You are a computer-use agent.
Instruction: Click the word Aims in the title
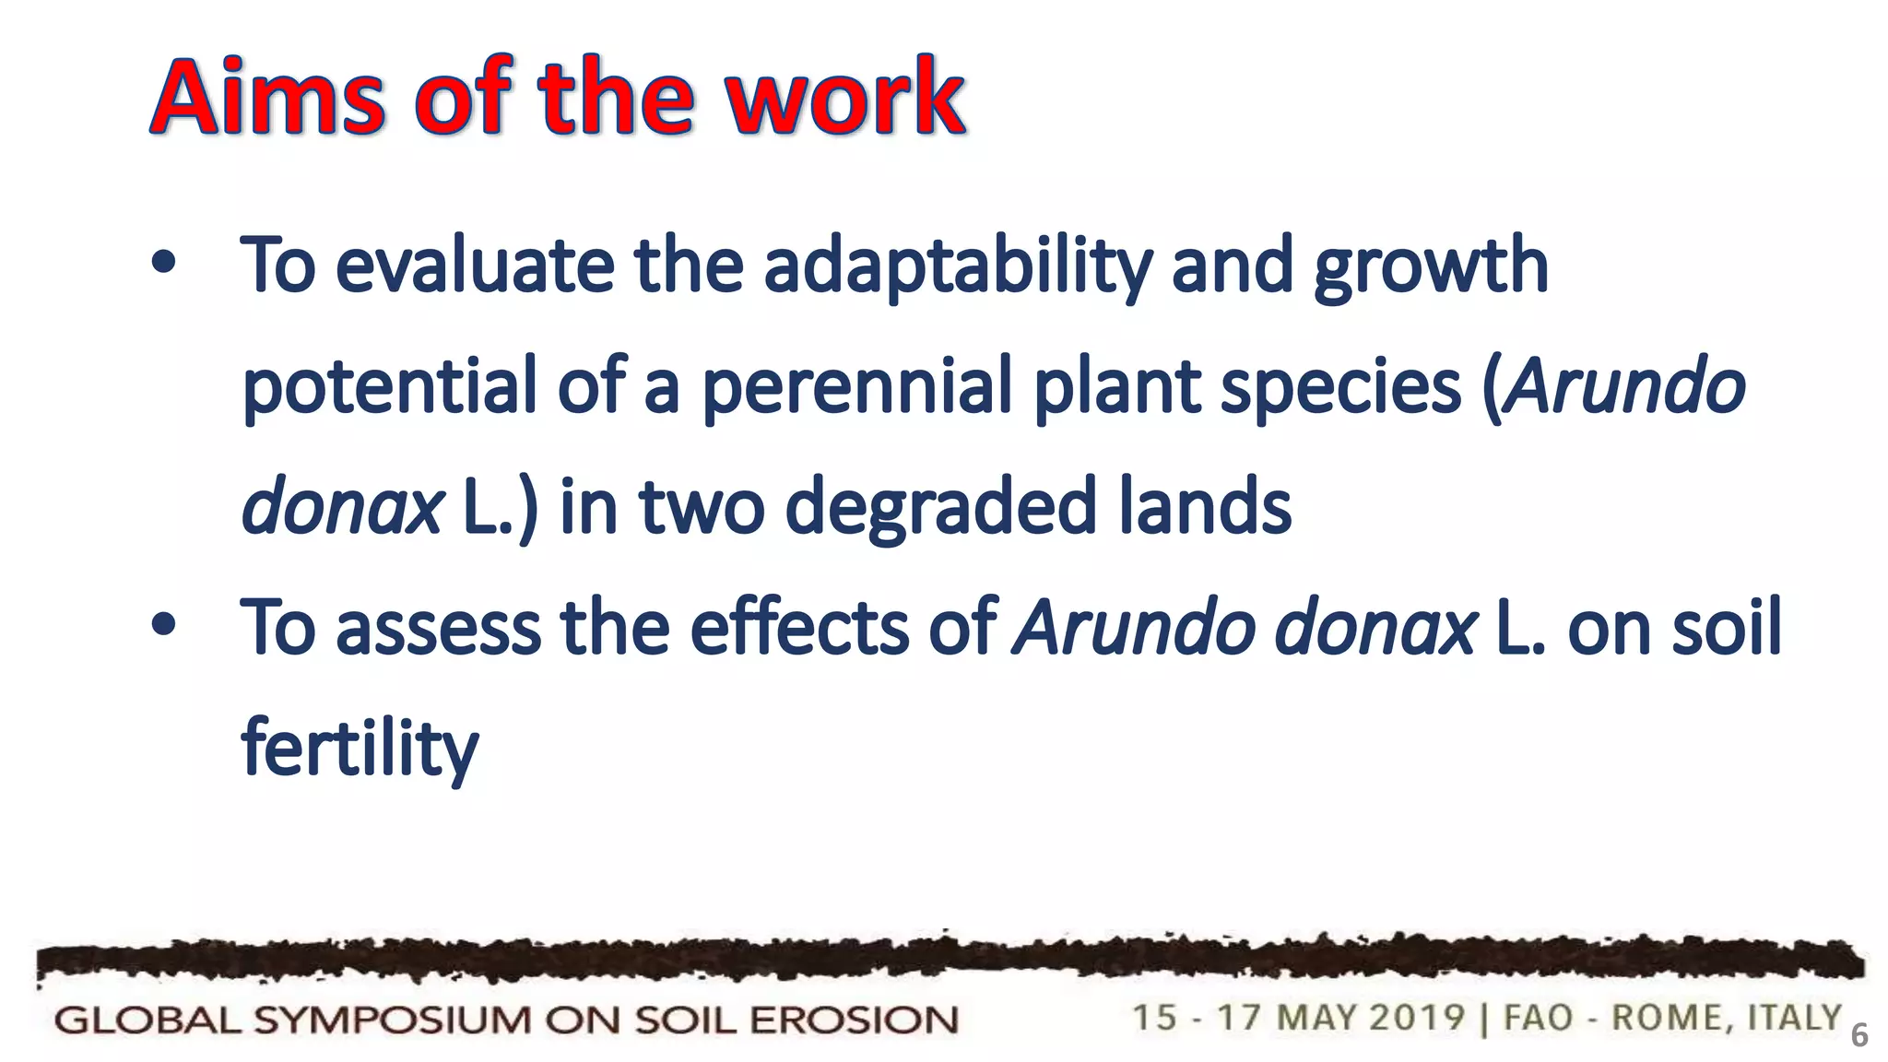coord(267,97)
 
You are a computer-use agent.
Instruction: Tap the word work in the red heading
coord(844,97)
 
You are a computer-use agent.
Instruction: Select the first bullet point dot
coord(163,264)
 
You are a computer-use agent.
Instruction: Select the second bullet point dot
coord(163,626)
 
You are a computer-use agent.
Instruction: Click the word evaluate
coord(475,265)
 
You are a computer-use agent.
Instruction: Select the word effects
coord(799,627)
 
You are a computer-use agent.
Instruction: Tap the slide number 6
coord(1859,1035)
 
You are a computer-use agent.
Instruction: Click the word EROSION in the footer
coord(854,1021)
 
